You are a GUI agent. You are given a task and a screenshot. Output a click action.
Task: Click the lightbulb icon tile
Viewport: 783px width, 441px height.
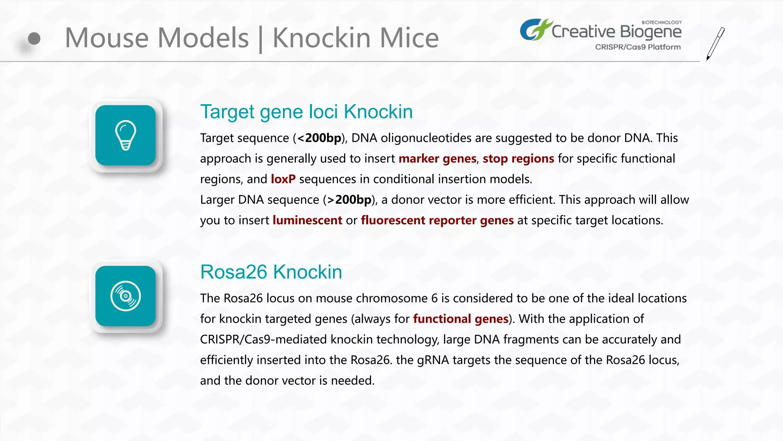click(125, 135)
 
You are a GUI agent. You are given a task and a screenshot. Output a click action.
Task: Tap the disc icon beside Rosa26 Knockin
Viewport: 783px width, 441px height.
click(125, 296)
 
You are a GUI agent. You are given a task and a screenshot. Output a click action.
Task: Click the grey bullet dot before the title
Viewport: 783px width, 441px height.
click(34, 38)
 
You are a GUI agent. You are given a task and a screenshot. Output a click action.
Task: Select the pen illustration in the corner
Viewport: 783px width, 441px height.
click(715, 44)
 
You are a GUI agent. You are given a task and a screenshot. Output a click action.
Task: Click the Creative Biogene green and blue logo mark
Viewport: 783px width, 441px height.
click(535, 29)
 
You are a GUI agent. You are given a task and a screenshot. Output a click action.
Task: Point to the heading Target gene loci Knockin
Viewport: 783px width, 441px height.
click(306, 112)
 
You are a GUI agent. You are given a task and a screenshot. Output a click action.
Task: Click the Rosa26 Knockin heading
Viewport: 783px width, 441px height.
click(271, 272)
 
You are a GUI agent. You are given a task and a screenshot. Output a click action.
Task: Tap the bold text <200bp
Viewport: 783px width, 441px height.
click(319, 138)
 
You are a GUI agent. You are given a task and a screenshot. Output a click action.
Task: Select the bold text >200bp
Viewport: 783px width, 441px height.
click(349, 199)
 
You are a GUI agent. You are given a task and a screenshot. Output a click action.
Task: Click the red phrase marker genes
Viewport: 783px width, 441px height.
click(437, 158)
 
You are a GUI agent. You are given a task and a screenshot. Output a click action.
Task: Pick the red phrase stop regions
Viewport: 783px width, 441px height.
click(518, 158)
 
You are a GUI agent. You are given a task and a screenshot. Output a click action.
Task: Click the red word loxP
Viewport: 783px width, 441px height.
click(283, 179)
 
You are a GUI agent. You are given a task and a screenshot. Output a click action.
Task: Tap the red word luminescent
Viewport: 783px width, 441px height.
click(307, 220)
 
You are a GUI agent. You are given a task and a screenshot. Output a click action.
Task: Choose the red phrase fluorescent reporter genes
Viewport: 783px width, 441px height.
click(437, 220)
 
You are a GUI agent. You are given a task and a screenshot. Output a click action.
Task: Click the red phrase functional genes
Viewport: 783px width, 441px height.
click(461, 319)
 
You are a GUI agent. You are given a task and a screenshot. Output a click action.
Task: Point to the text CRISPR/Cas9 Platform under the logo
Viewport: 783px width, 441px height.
click(638, 47)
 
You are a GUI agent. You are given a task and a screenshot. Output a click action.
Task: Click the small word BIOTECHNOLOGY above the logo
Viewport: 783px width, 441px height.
click(661, 23)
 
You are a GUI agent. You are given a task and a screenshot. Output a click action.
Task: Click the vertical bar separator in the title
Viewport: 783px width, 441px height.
click(261, 39)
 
